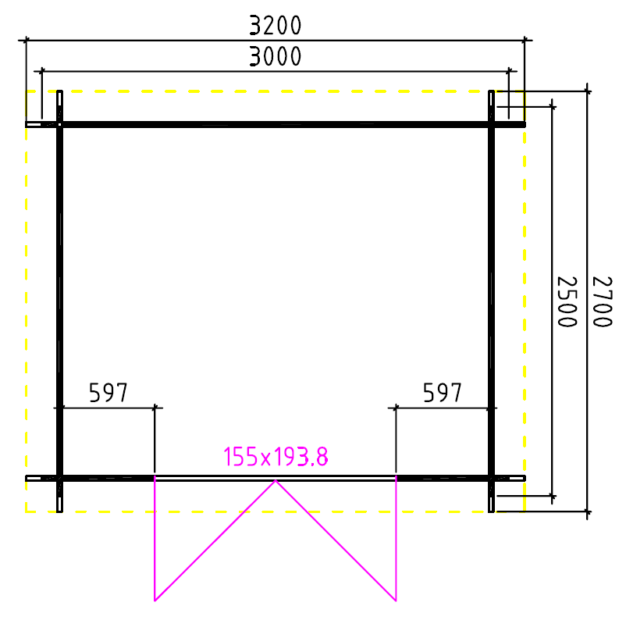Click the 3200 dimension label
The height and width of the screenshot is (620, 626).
tap(275, 26)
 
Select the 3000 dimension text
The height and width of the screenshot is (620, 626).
tap(275, 56)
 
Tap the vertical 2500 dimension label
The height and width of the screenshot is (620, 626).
tap(567, 301)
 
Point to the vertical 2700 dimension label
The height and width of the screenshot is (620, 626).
tap(602, 301)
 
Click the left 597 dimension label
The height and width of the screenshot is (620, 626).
tap(108, 393)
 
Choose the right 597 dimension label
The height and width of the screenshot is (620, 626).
tap(443, 393)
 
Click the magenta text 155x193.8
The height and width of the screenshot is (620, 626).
tap(276, 457)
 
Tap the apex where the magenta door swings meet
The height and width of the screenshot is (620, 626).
tap(276, 480)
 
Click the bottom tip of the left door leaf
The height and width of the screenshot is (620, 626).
tap(155, 600)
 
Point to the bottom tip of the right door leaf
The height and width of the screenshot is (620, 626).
tap(396, 600)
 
